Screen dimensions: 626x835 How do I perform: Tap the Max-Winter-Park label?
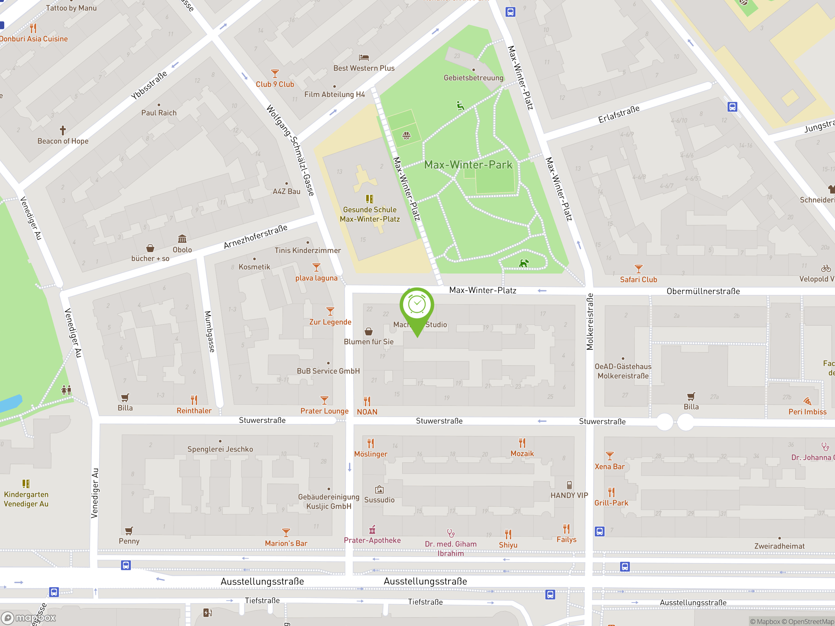(468, 165)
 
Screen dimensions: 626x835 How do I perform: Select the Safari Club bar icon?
(638, 269)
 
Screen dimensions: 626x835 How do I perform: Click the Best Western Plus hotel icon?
(364, 58)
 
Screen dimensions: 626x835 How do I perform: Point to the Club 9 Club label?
(275, 84)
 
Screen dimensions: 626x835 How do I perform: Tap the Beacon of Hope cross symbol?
(63, 130)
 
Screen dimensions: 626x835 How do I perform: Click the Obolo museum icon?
(182, 239)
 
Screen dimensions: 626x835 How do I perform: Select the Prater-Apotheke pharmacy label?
(372, 540)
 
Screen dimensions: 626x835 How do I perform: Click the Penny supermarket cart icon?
(129, 531)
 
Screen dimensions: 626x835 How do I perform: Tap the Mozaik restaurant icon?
(522, 443)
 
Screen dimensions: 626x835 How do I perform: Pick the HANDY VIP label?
(569, 496)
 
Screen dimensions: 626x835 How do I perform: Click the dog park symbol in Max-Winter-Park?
(524, 263)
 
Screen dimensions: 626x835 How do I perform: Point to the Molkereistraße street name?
(590, 322)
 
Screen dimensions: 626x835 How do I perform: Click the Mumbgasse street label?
(209, 332)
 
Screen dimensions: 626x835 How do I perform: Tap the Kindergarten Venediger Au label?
(26, 499)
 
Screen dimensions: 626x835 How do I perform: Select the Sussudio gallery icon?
(379, 490)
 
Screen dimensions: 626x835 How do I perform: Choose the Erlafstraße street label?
(619, 114)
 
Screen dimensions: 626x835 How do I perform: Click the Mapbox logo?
(29, 618)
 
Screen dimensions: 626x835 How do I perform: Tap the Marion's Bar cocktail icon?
(286, 533)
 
